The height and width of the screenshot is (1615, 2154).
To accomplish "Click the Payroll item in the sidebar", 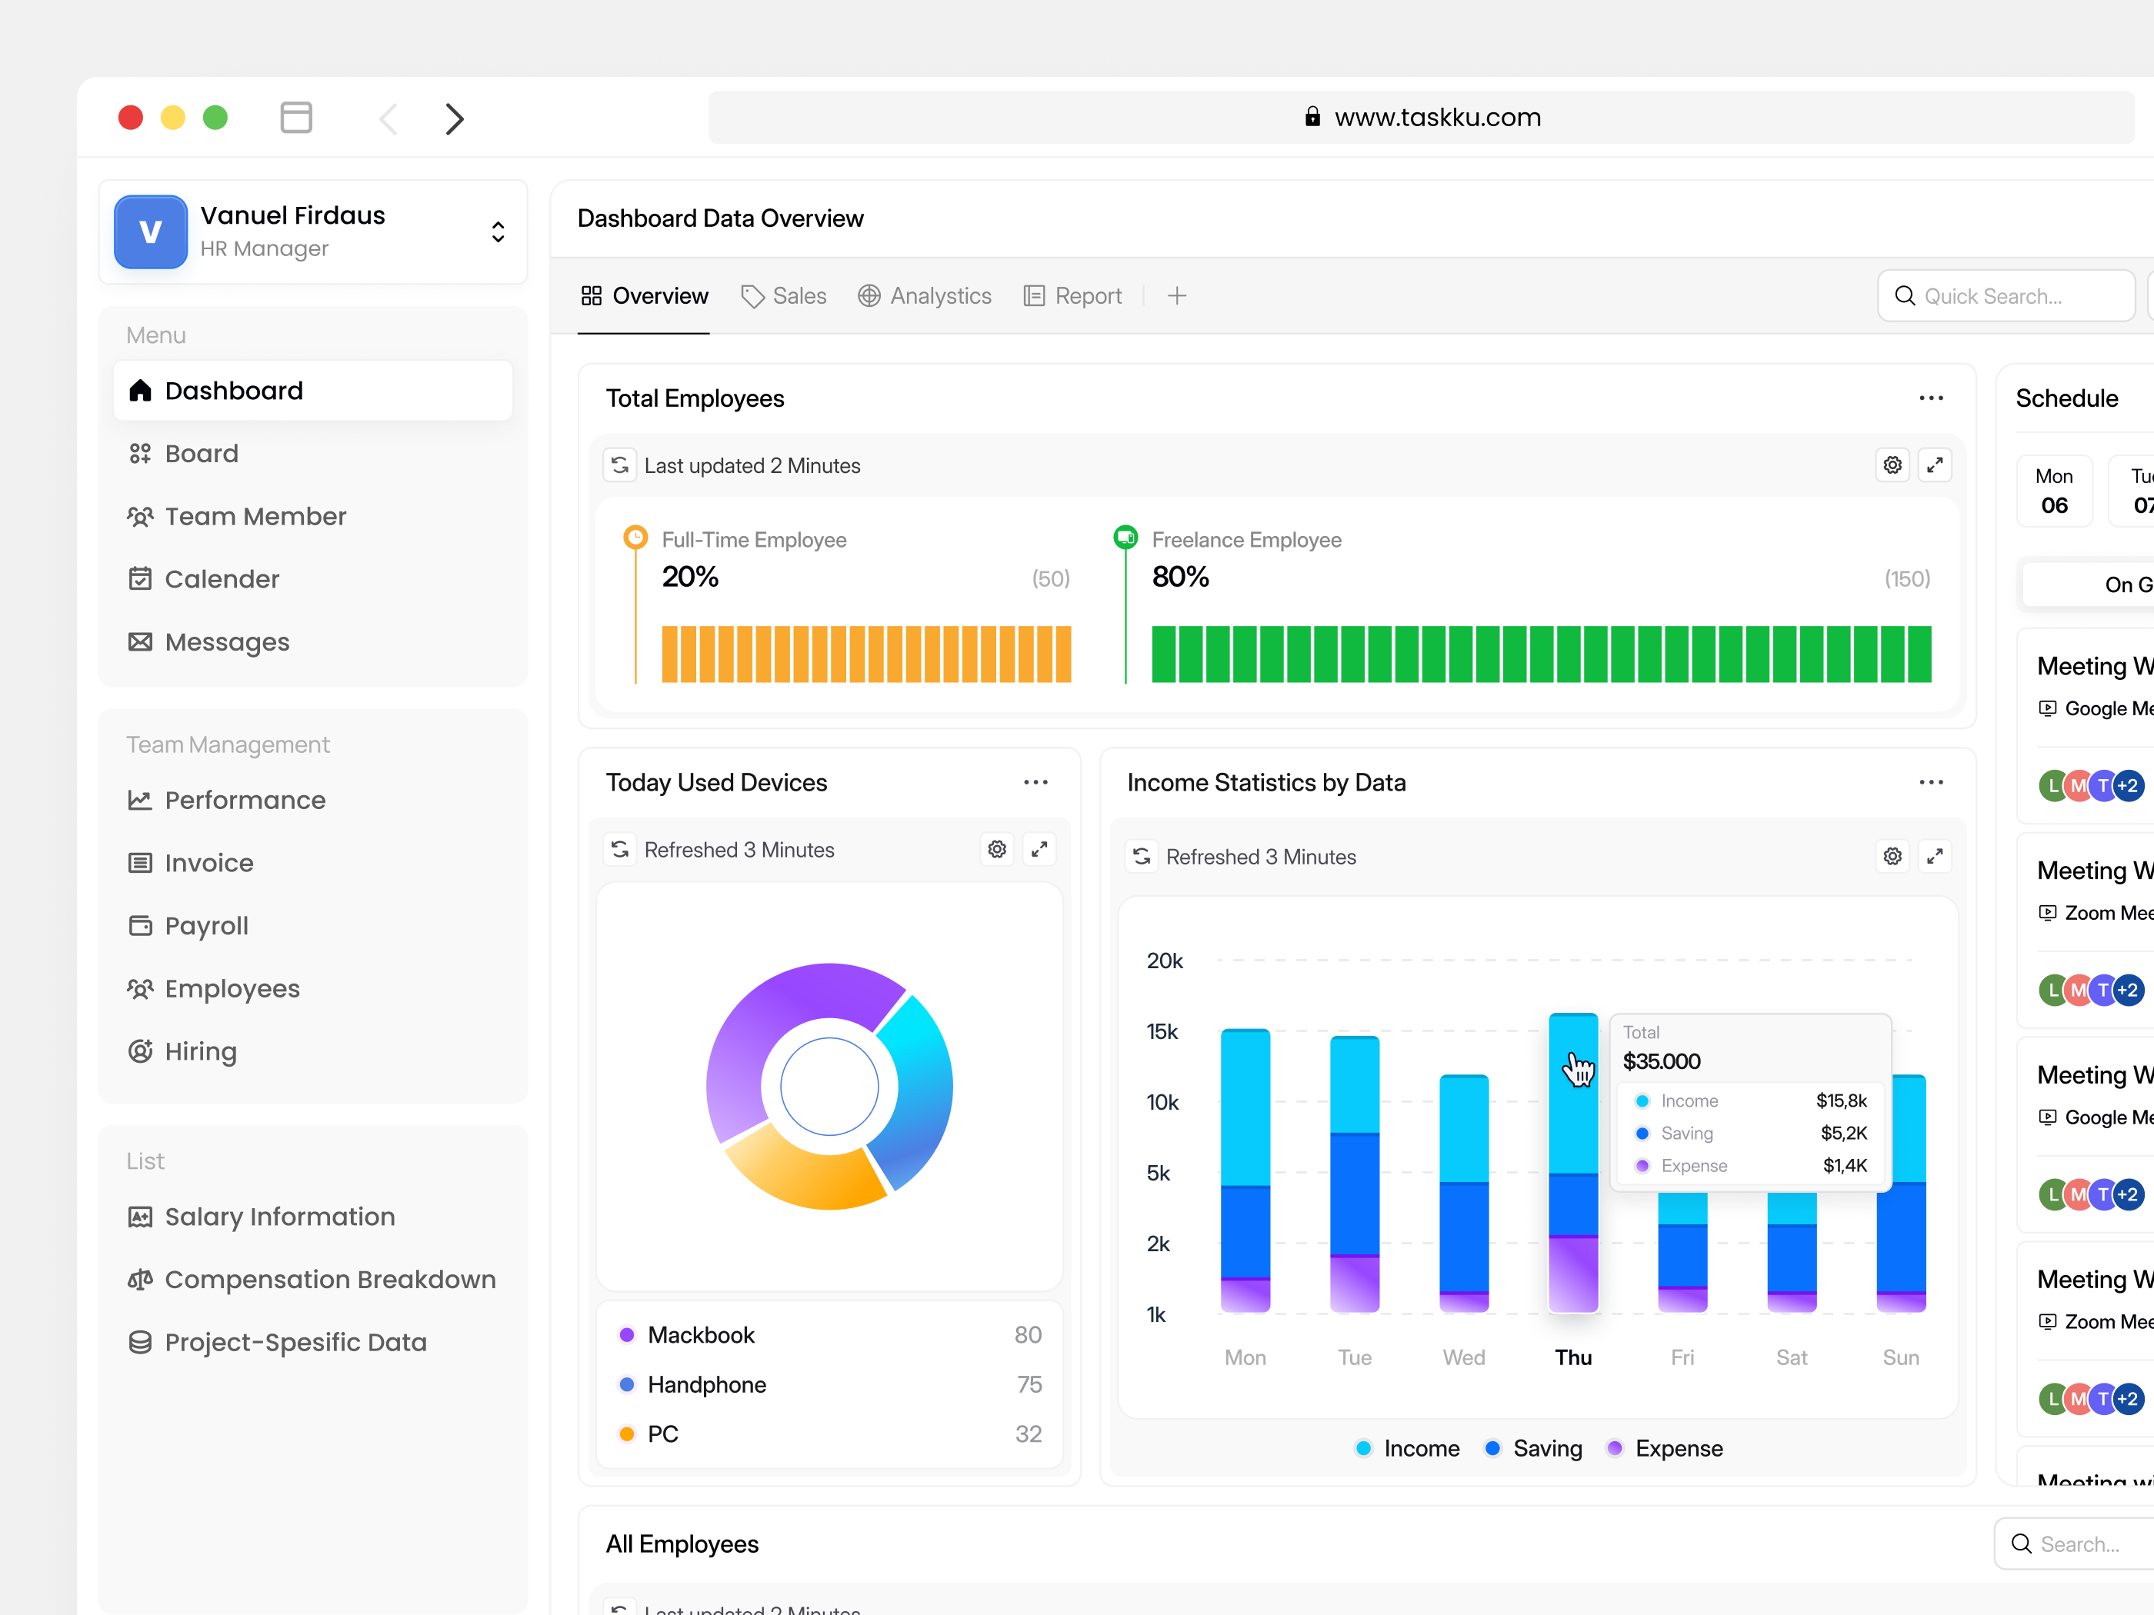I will [206, 926].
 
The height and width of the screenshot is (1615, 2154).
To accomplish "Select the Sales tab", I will [784, 296].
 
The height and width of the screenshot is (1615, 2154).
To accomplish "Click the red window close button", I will [131, 118].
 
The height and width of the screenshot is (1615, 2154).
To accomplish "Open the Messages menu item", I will [226, 642].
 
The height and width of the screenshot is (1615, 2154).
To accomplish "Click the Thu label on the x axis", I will [1572, 1357].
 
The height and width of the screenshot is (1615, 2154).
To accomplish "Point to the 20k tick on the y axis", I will [1165, 961].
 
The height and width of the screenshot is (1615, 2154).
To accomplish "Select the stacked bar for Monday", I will [1245, 1168].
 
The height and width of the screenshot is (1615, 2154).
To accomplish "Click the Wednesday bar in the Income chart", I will [1464, 1193].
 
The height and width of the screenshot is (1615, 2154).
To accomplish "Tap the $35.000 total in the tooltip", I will [1662, 1061].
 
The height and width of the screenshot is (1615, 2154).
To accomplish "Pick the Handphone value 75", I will [1029, 1384].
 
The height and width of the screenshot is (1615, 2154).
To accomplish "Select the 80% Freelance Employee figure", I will [1180, 578].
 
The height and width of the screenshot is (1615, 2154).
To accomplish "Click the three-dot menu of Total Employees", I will [1931, 398].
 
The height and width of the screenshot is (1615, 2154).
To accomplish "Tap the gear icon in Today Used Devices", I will [996, 850].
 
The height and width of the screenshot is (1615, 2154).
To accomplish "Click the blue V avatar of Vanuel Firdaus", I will [151, 231].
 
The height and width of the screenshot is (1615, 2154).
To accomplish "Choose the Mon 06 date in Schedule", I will [2054, 491].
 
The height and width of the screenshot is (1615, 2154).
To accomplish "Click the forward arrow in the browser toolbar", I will [454, 118].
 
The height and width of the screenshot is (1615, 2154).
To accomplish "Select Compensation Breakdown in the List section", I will [329, 1279].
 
